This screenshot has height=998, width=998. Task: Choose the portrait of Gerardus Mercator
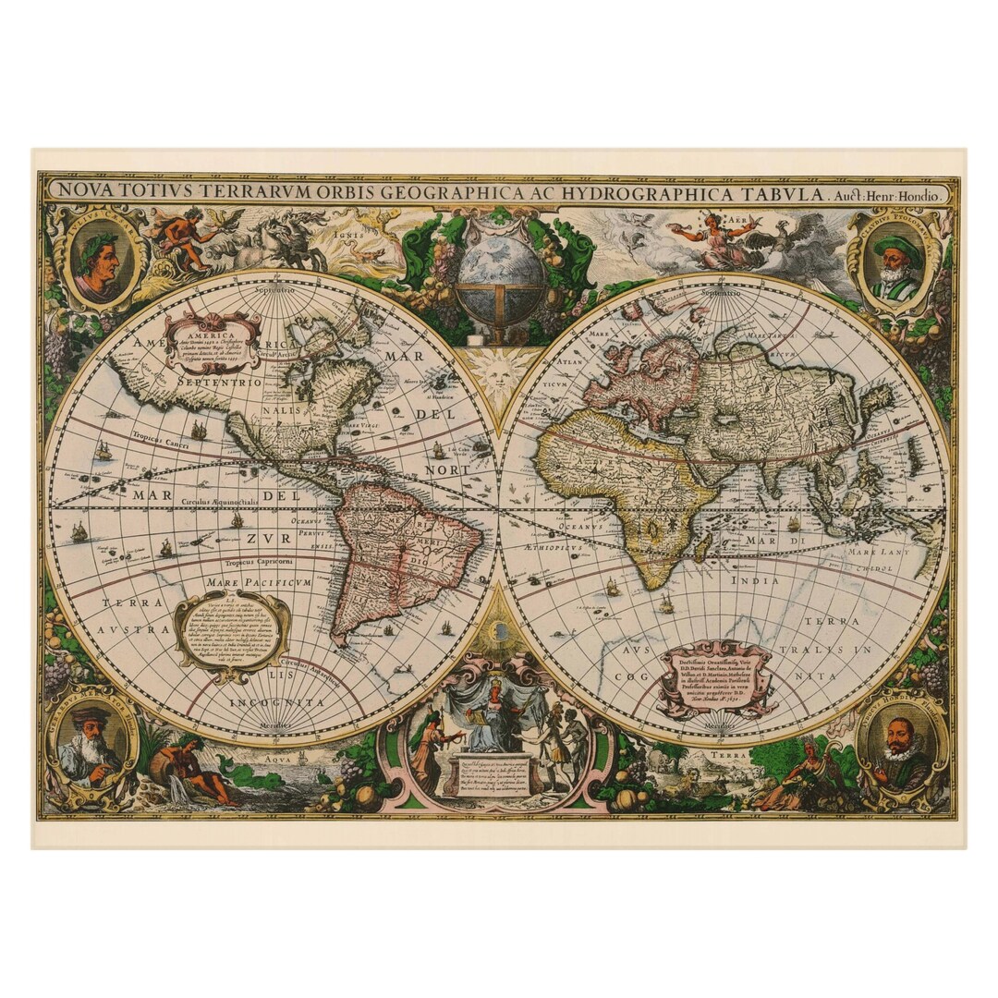pos(90,743)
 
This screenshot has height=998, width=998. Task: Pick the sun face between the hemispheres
pos(498,374)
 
